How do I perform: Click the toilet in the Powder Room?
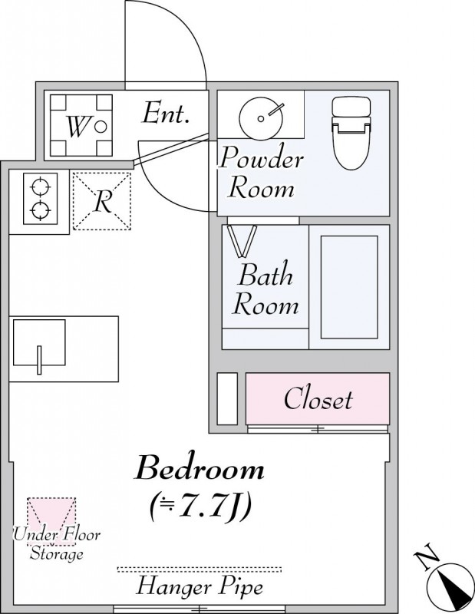pos(351,133)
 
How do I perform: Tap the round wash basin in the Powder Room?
pos(260,117)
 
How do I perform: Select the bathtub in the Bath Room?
pos(349,287)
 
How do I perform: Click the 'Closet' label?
pos(318,398)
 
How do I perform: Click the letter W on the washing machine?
pos(77,127)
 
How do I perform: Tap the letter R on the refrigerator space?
pos(104,201)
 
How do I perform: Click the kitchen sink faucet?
pos(39,360)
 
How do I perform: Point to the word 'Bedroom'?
pos(200,467)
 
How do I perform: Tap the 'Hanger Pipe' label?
pos(200,587)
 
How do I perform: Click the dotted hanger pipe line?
pos(200,569)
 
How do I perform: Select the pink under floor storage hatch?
pos(51,521)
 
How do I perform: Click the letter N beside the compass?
pos(427,556)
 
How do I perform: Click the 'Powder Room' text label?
pos(261,173)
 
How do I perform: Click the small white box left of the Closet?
pos(227,398)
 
